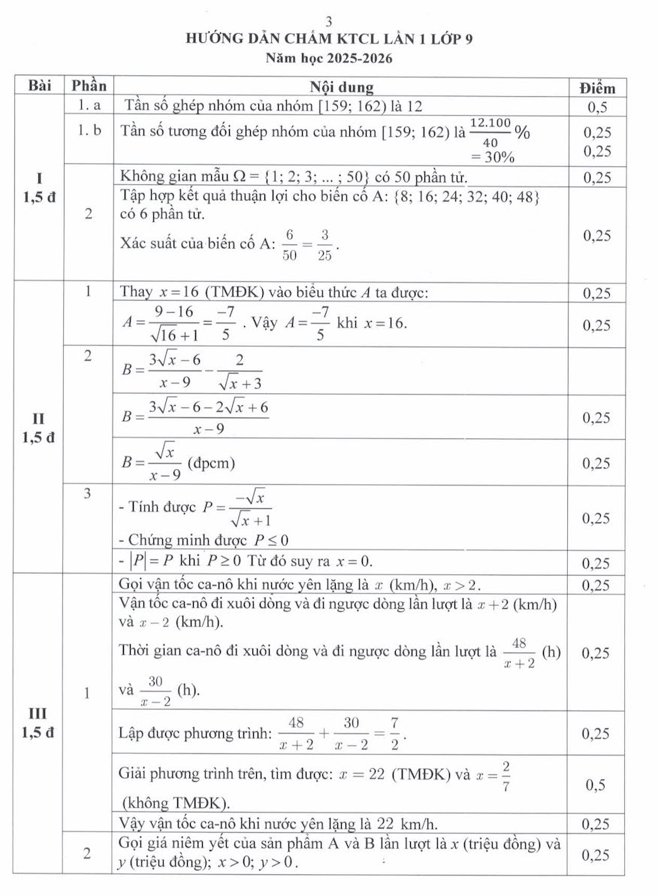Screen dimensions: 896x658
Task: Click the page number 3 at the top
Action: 329,22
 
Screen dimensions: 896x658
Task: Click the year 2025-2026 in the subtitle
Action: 358,57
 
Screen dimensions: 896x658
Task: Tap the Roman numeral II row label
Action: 38,419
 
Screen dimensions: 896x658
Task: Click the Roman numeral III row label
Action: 38,713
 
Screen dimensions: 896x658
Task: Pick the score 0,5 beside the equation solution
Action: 596,786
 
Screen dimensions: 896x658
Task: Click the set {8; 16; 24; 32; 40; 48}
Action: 463,196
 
